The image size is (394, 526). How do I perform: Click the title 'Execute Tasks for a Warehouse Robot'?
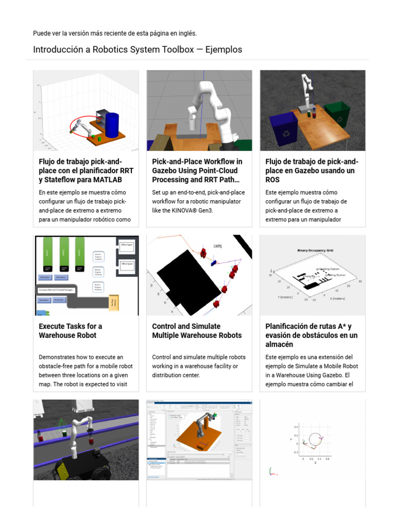[70, 331]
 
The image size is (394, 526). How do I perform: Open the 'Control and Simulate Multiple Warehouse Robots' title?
[196, 331]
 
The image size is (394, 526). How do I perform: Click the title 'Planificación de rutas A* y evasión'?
[311, 335]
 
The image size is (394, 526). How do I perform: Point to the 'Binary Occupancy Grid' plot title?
[315, 250]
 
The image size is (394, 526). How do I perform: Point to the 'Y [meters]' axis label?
[286, 297]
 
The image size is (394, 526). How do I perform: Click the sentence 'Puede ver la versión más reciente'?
[114, 33]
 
